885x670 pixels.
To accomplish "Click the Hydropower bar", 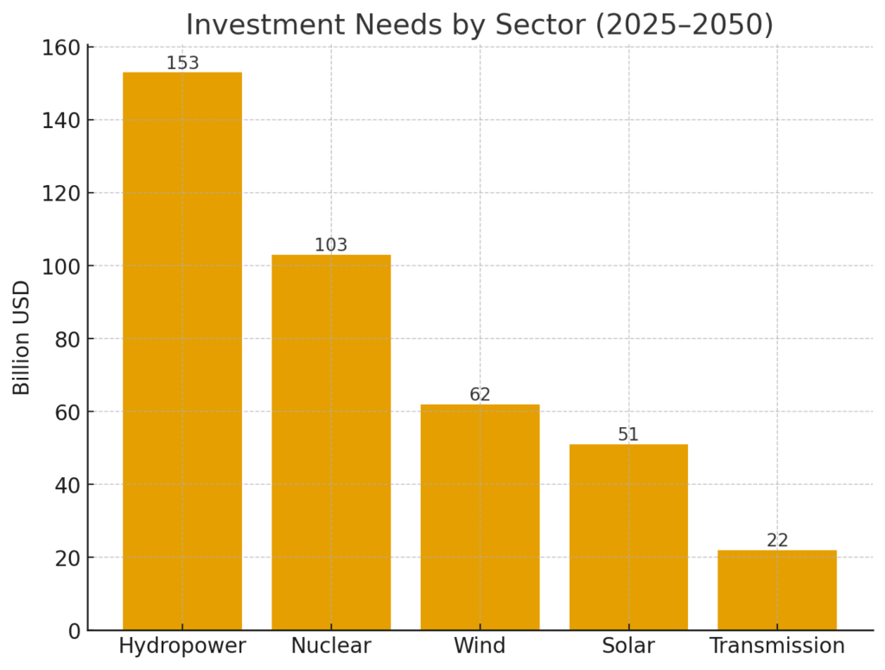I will [182, 350].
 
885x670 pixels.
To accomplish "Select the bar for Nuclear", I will [331, 442].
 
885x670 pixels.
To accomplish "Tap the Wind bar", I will [480, 517].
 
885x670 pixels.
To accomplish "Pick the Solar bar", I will [628, 537].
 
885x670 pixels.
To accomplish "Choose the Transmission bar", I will [777, 590].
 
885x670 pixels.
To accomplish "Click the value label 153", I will [182, 63].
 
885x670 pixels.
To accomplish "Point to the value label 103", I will [331, 246].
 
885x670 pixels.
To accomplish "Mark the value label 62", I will [480, 395].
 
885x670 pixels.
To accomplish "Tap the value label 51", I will [628, 435].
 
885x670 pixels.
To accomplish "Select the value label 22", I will [777, 541].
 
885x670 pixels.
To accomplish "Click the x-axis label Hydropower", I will [182, 646].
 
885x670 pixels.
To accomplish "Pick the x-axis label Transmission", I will [777, 646].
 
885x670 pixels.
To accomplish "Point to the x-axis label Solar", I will [628, 646].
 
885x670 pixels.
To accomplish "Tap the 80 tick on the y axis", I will [66, 339].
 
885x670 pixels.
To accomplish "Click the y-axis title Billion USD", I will [22, 337].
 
